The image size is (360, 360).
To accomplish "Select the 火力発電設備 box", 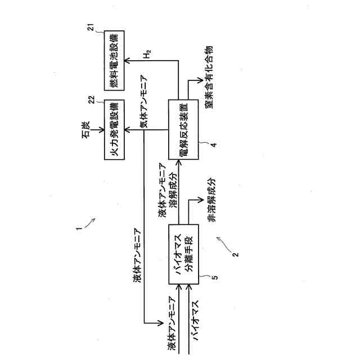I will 114,130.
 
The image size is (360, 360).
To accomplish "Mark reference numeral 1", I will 80,228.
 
